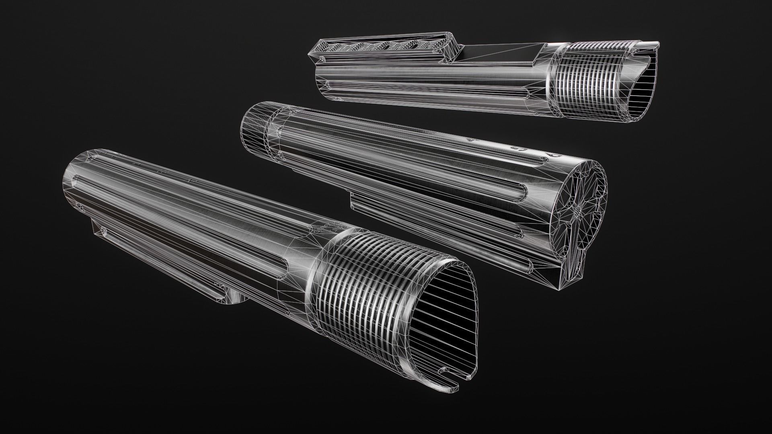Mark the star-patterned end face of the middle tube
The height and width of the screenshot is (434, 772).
(x=579, y=209)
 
